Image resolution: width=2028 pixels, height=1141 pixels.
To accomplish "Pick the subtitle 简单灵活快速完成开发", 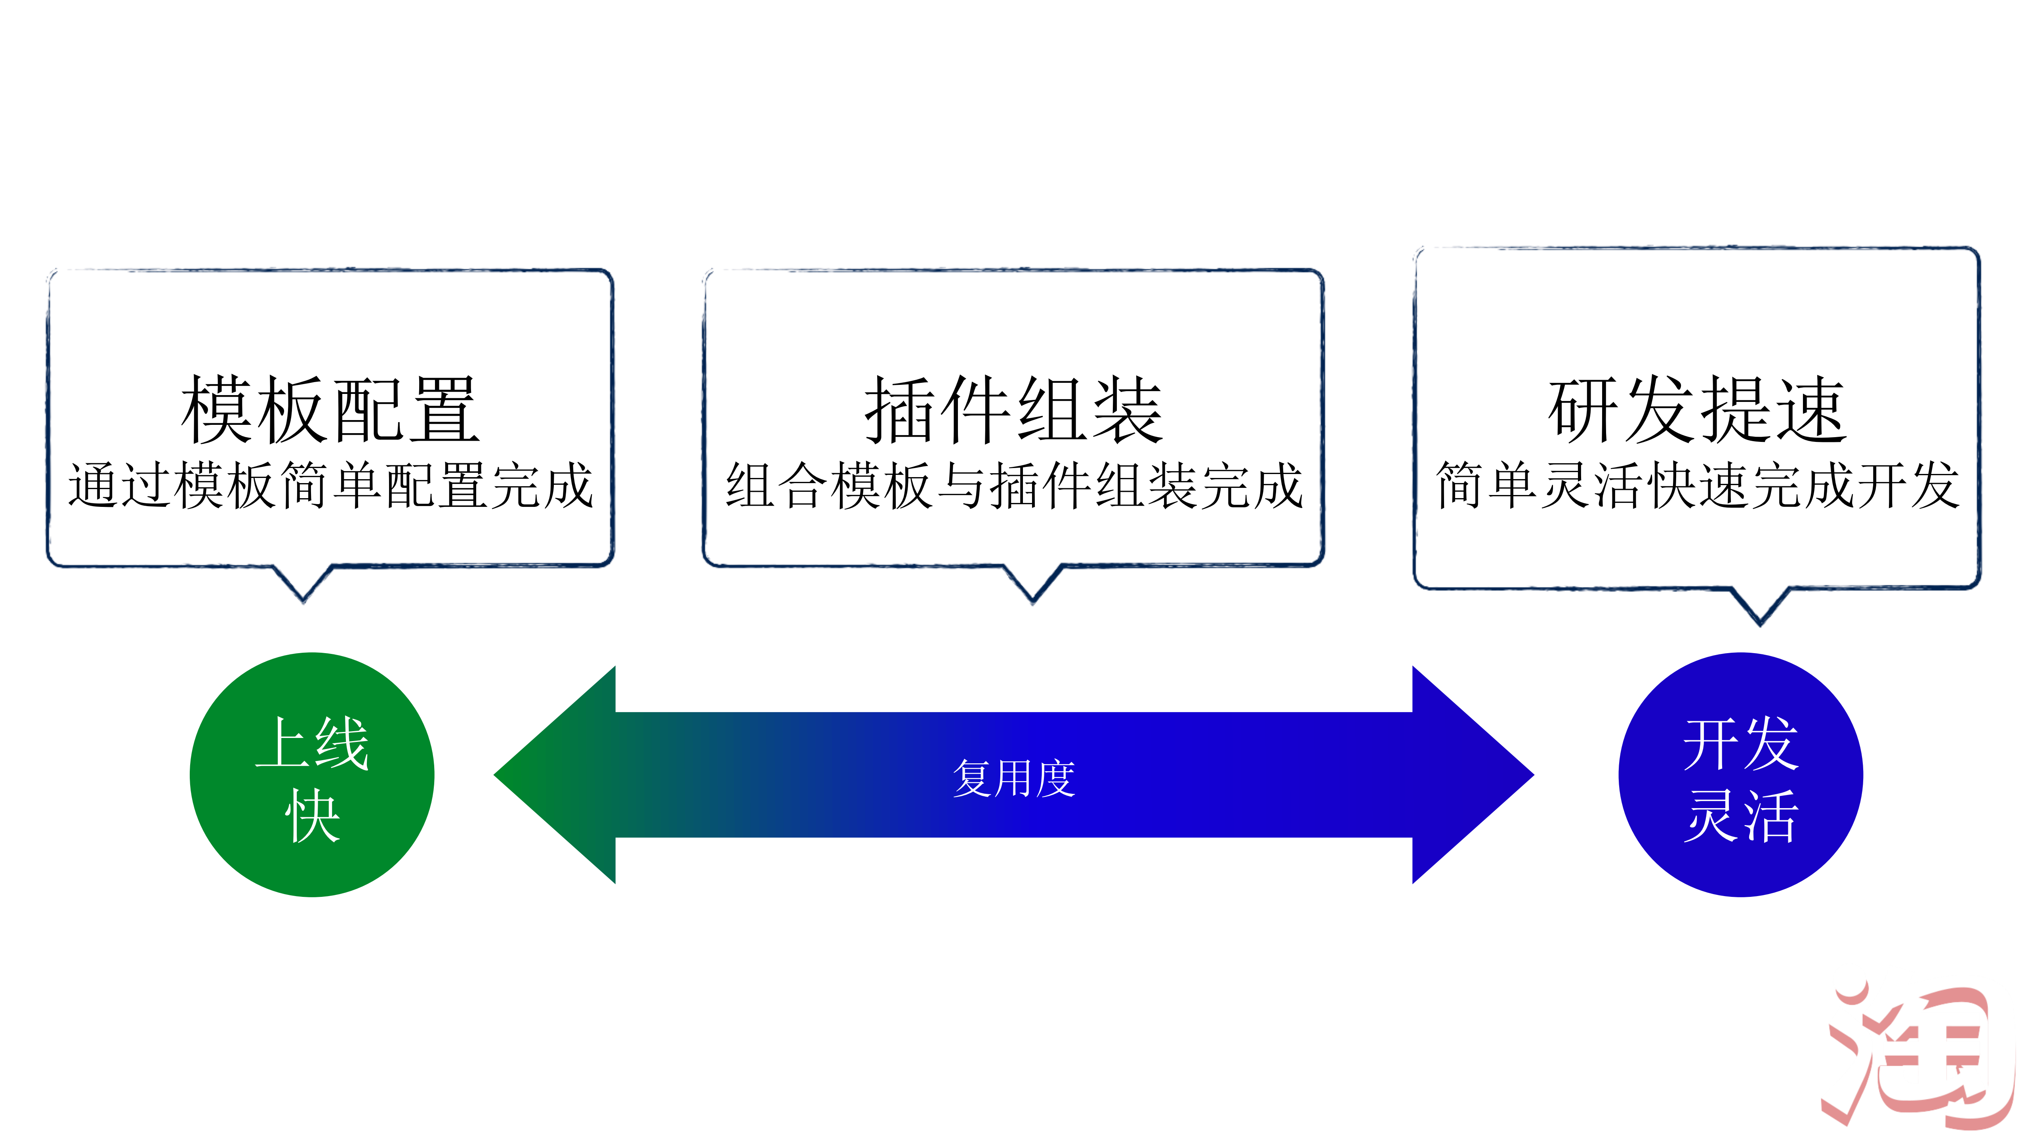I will point(1696,485).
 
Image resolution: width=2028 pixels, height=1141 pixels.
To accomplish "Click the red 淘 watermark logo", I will point(1917,1055).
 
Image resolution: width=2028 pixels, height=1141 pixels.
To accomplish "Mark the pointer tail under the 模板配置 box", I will point(303,583).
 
